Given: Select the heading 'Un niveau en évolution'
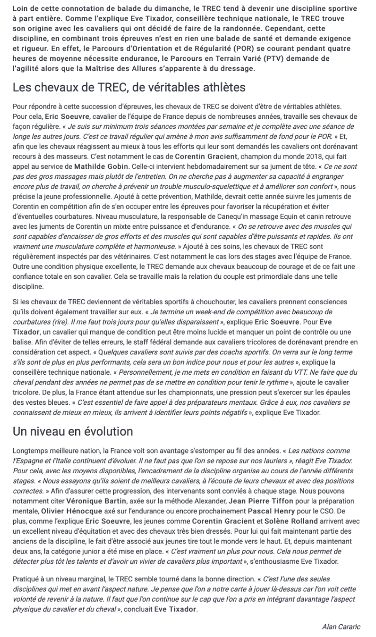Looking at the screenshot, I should pos(73,431).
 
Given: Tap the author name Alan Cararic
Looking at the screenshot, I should pos(341,627).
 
